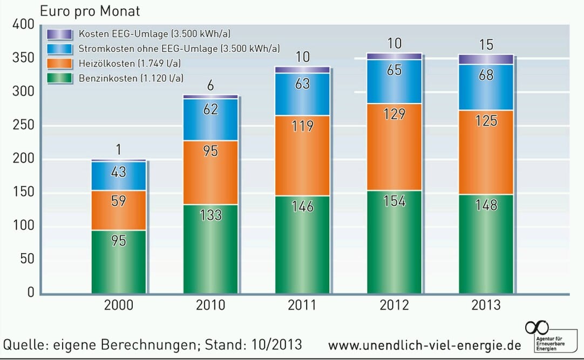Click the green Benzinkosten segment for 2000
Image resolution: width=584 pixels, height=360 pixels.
(118, 262)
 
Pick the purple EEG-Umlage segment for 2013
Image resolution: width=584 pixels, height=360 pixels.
(486, 59)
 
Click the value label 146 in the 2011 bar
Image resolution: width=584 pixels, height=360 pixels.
(302, 206)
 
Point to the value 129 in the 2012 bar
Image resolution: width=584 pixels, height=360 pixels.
(395, 114)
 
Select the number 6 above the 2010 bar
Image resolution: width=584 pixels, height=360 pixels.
(210, 85)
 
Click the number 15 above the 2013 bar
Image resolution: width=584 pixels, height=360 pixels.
(486, 44)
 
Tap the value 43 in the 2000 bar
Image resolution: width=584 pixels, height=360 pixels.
(118, 172)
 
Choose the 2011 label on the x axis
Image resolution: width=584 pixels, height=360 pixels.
(302, 305)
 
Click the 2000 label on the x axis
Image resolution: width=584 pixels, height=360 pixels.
(118, 305)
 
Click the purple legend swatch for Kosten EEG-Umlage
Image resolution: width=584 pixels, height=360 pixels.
(59, 34)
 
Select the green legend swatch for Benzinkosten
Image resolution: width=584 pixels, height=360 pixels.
(59, 78)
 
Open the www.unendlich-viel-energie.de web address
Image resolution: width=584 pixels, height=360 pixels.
(424, 344)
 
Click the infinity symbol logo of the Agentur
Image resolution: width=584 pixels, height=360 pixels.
(537, 327)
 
